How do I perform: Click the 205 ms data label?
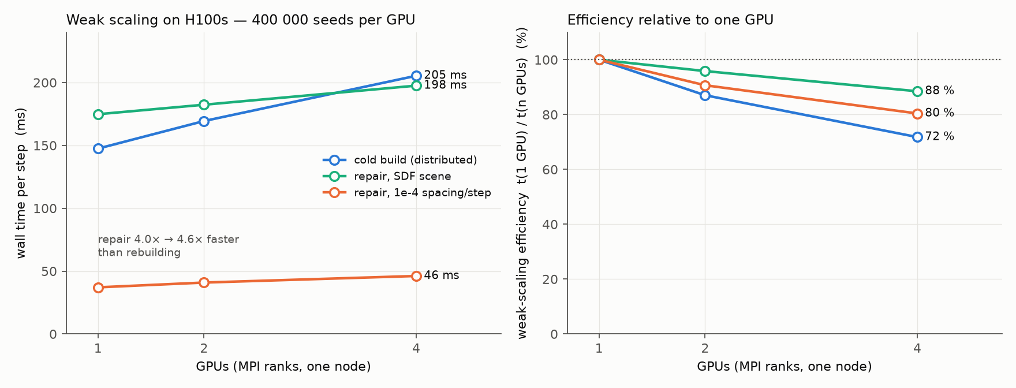tap(445, 75)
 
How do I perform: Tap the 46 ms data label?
tap(442, 275)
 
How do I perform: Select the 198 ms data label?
tap(445, 85)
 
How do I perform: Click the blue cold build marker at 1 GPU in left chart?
tap(98, 148)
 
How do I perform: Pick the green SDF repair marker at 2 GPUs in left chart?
tap(204, 105)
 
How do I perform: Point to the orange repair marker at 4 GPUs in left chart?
tap(416, 276)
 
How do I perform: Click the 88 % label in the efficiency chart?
tap(939, 91)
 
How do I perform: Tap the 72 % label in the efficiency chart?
tap(939, 137)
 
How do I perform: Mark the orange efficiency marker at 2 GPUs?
tap(705, 85)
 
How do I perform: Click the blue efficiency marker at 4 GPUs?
tap(917, 137)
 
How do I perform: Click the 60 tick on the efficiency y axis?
tap(551, 170)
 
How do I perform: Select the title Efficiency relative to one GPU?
tap(670, 20)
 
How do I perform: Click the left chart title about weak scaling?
tap(241, 20)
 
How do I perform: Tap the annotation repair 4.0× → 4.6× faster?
tap(169, 240)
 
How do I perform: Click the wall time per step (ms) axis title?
tap(21, 183)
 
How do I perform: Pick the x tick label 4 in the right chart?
tap(917, 348)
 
